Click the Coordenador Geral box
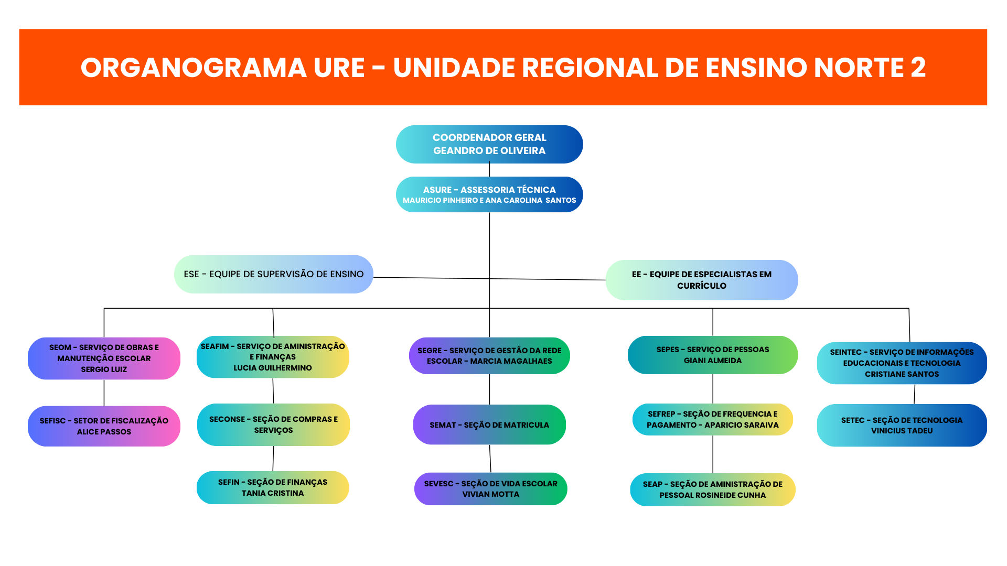point(489,144)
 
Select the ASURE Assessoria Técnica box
point(489,194)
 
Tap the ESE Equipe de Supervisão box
point(273,274)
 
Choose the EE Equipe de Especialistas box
point(701,280)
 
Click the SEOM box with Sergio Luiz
point(104,358)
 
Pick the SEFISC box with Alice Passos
point(104,426)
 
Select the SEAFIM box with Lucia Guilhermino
point(273,357)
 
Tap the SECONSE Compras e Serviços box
point(273,424)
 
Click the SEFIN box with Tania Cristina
point(273,487)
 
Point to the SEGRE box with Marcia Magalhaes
point(489,356)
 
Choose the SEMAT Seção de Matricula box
point(489,424)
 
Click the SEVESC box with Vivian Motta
point(490,489)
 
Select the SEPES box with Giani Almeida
point(712,355)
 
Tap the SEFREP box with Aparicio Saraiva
point(712,419)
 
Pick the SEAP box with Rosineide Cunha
point(712,489)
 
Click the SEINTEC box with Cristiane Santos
point(902,363)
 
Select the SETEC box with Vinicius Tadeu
point(902,425)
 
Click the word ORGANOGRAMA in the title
point(194,68)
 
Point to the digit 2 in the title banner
point(918,68)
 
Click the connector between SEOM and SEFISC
point(104,393)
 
